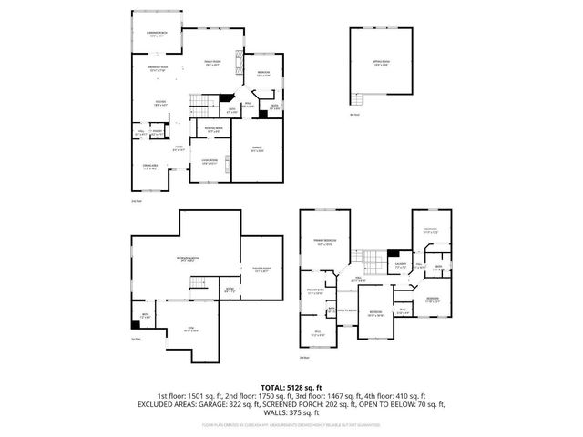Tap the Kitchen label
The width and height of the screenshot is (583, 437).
coord(159,103)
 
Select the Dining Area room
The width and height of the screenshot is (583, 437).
coord(150,167)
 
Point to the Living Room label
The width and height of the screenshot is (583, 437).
coord(210,160)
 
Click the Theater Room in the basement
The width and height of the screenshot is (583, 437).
coord(261,270)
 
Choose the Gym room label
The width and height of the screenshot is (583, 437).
coord(192,329)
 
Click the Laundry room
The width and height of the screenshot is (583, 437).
coord(399,266)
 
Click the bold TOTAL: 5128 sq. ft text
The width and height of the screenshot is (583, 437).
coord(291,387)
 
